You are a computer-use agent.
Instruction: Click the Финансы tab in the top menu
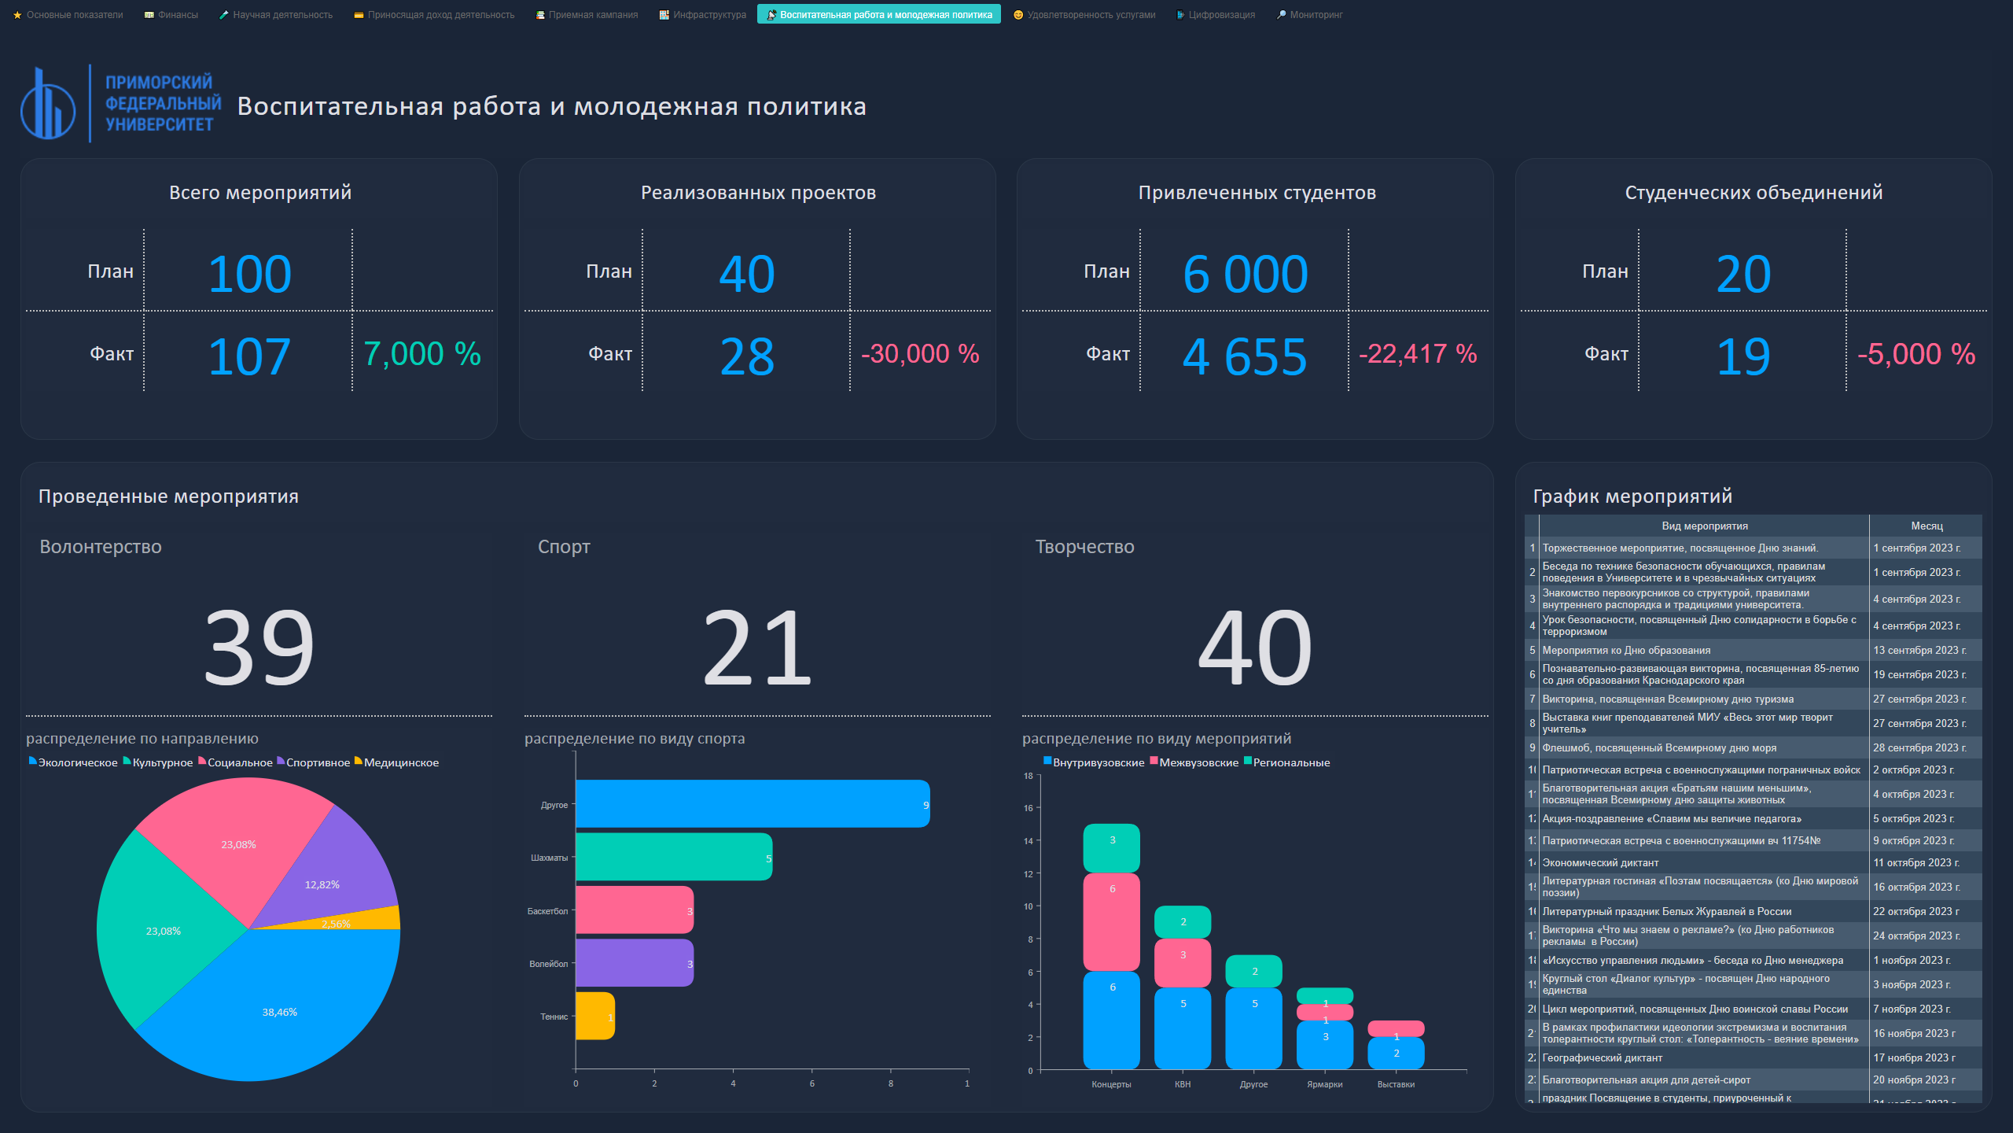171,15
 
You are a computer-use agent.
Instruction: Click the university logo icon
48,104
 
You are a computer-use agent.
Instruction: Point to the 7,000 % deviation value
422,354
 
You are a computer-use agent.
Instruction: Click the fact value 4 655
1245,356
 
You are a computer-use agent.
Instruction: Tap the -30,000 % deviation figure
920,354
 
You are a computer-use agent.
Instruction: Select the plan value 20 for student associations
1743,274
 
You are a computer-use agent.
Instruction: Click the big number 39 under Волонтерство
259,648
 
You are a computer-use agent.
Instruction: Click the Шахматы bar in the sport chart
673,857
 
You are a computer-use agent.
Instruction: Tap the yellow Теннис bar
594,1016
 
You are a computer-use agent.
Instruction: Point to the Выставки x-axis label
1396,1084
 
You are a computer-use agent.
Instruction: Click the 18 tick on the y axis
1029,776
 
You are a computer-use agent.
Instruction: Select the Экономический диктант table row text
1600,863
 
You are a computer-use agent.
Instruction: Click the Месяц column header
1926,526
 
